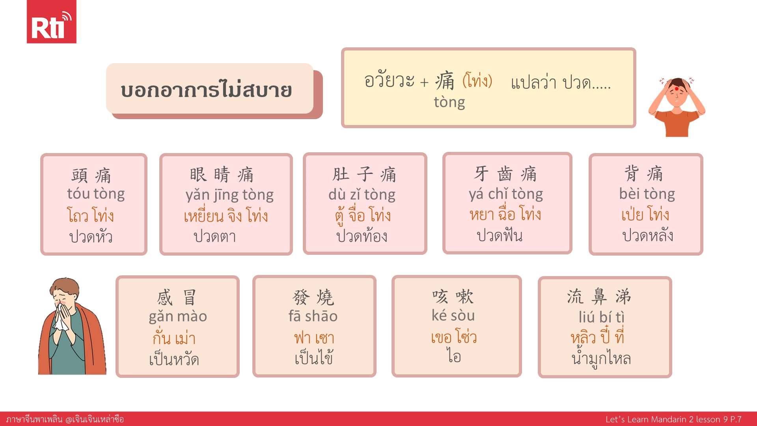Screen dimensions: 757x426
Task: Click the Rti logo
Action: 51,22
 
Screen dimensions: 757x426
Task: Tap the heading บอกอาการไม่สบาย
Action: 206,90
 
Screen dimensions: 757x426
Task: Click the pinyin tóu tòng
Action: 96,194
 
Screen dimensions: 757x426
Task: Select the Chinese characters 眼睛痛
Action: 222,174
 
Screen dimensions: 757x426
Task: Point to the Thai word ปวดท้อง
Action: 362,236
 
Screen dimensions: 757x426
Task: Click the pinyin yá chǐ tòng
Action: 506,194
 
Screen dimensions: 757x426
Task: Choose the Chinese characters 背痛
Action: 644,173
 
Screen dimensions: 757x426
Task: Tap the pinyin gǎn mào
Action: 178,317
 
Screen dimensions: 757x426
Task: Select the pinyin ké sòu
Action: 453,315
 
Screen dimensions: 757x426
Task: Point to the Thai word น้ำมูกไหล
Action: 601,358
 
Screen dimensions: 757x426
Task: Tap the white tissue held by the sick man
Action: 61,316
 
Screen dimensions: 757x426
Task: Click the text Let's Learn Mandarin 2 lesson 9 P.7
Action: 673,419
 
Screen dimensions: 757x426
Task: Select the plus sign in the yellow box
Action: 424,82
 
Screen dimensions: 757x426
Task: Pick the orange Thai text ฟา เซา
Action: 314,338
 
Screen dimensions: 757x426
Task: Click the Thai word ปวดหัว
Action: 91,237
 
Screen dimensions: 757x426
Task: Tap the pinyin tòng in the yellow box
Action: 449,102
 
